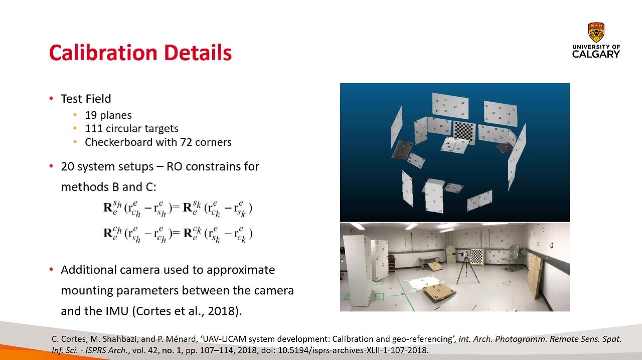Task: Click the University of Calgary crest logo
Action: (596, 33)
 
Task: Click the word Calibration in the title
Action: (103, 53)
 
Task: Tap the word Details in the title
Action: (198, 53)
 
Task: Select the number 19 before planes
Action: (91, 115)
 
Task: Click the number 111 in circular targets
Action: (94, 128)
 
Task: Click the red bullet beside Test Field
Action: (51, 99)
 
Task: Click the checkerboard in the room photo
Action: (477, 257)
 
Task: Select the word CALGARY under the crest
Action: (596, 54)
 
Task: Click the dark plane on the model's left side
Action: (402, 149)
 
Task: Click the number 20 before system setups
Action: (68, 166)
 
